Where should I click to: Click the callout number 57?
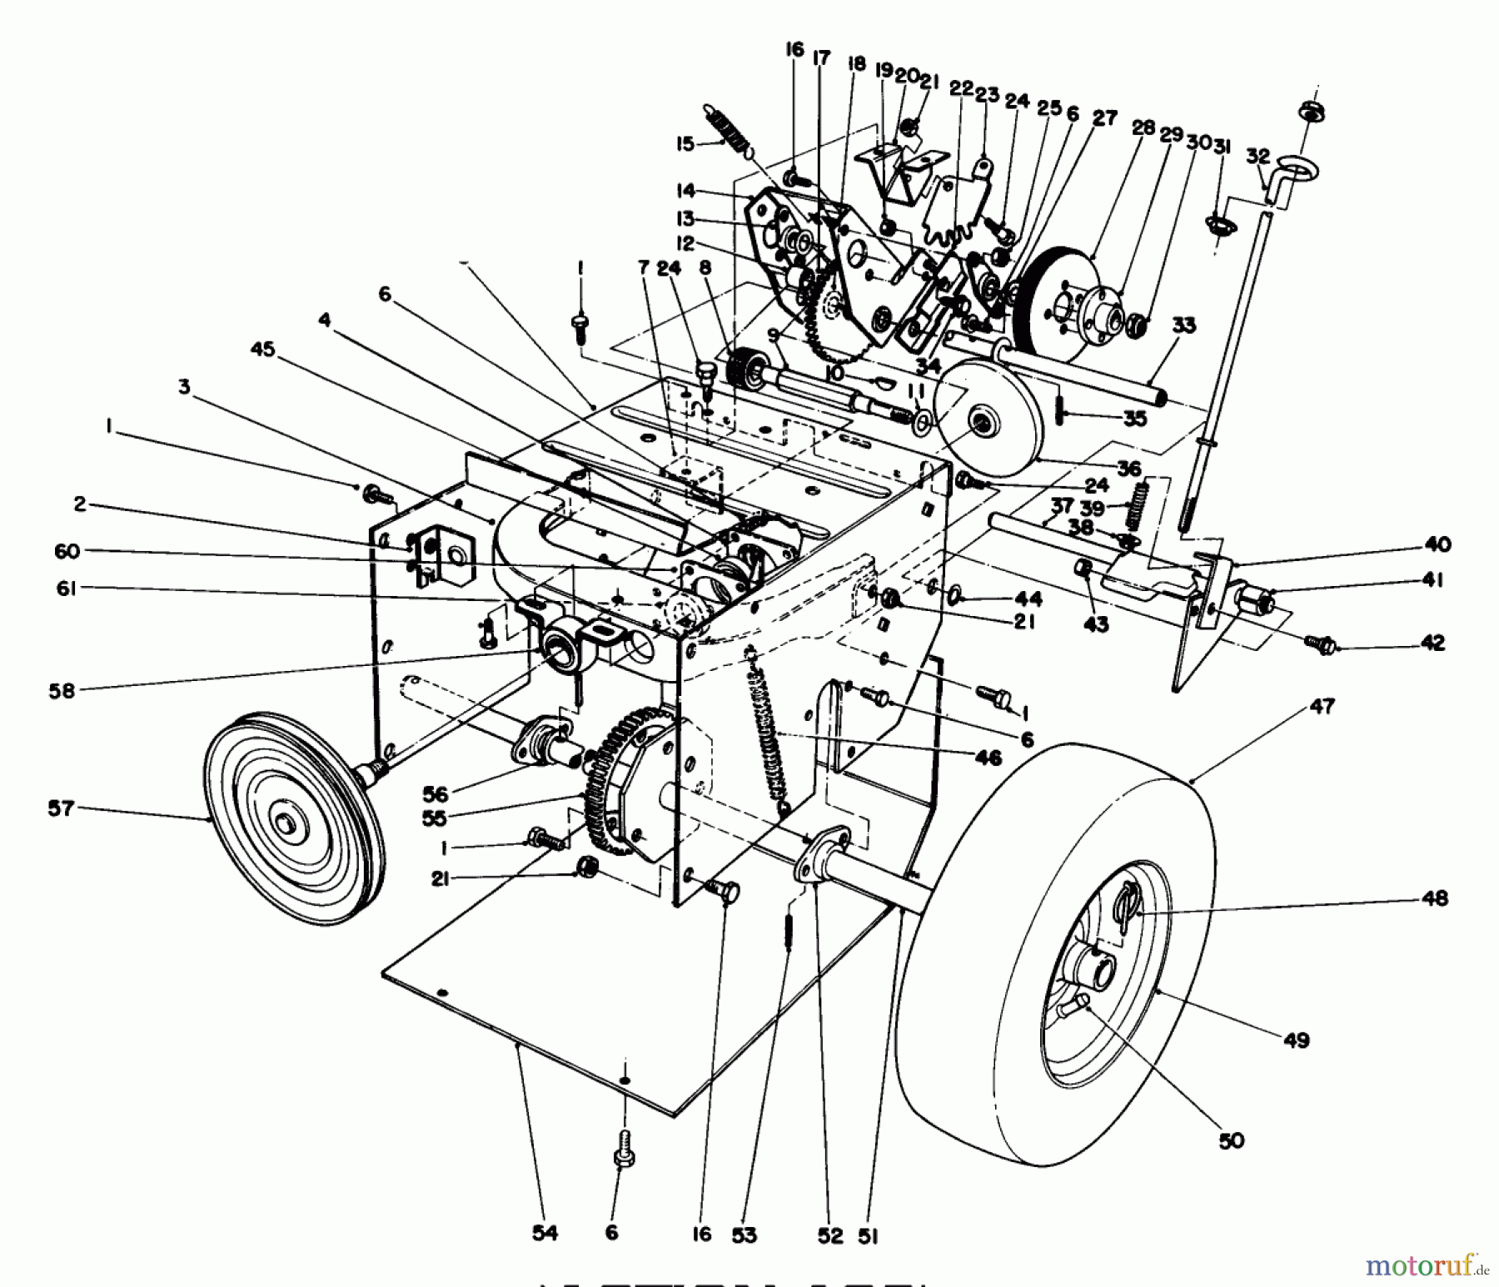click(x=61, y=807)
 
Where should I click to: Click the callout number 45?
click(x=262, y=350)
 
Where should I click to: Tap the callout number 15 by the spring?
click(x=685, y=144)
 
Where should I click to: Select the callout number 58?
click(x=62, y=690)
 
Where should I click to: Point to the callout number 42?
click(x=1432, y=643)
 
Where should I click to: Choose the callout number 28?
click(x=1143, y=127)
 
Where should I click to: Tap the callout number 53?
click(x=745, y=1235)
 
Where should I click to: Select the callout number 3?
click(x=184, y=386)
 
